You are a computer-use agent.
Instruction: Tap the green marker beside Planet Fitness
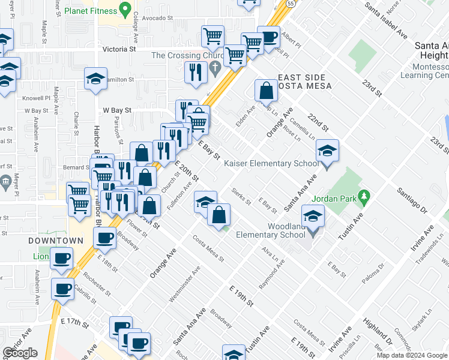[x=125, y=10]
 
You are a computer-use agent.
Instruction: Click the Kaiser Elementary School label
[x=272, y=163]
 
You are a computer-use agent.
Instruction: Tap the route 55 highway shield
[x=290, y=3]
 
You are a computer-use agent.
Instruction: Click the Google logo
[x=20, y=353]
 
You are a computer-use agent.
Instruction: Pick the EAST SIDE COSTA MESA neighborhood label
[x=301, y=83]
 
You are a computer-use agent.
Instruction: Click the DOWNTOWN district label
[x=55, y=241]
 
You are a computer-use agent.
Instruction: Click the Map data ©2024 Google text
[x=412, y=355]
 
